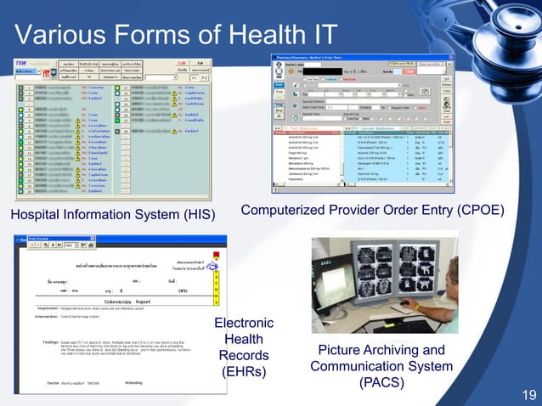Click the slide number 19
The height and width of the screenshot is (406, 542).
click(x=528, y=393)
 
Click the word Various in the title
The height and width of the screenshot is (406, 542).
click(x=57, y=35)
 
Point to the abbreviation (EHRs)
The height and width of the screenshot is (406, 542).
click(x=244, y=371)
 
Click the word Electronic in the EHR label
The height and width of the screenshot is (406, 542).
click(x=244, y=323)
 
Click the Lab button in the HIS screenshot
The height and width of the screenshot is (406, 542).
click(x=181, y=63)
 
